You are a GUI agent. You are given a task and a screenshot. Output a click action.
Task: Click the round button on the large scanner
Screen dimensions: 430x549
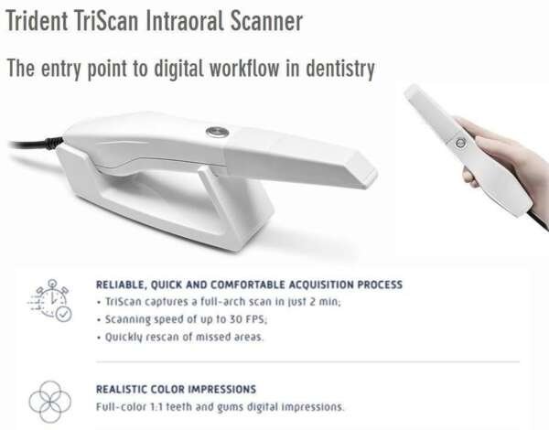click(x=217, y=131)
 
